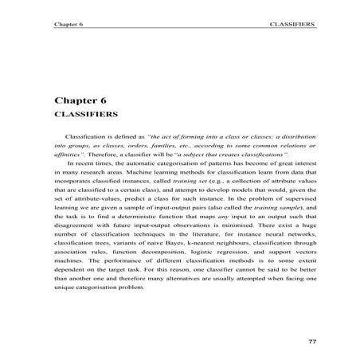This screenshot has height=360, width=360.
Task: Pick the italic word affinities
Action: (70, 158)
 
